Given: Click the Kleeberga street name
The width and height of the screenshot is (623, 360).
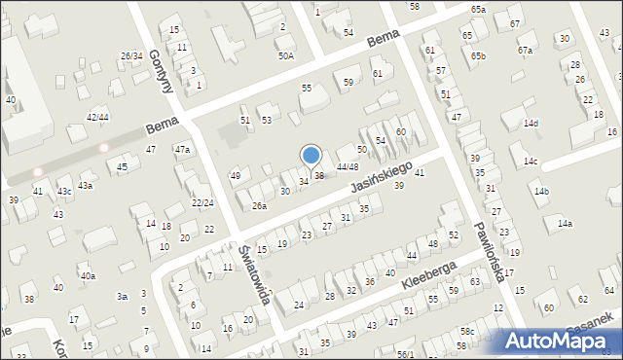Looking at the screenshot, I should [428, 273].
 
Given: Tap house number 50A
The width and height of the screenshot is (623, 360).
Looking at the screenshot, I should [285, 55].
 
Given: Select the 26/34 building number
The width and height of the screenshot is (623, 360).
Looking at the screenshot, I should [131, 55].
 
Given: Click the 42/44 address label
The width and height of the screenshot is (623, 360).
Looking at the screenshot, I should [96, 117].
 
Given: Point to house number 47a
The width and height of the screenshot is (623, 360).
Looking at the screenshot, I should [182, 149].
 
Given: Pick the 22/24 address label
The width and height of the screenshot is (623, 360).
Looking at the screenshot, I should [202, 202].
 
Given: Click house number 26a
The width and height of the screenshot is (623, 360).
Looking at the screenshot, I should [259, 205].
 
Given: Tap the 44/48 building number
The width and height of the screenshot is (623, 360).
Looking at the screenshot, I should [347, 167].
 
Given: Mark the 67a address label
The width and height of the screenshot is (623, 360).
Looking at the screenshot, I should [525, 50].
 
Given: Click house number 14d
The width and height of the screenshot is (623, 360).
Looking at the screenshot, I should [531, 124].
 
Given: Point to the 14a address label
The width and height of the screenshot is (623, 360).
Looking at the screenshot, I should [565, 223].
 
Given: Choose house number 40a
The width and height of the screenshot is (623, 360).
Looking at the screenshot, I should [88, 275].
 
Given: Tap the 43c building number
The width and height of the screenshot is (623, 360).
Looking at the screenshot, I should [64, 192].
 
